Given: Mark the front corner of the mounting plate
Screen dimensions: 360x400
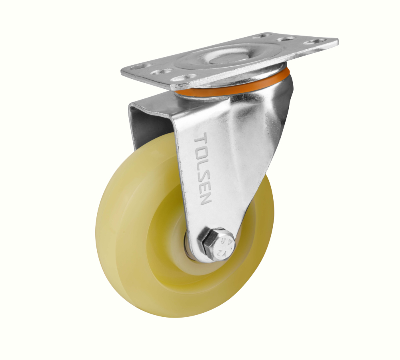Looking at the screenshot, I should tap(172, 88).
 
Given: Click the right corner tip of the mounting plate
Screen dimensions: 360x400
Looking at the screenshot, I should tap(337, 41).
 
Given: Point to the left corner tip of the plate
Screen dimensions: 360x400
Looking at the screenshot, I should tap(122, 71).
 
